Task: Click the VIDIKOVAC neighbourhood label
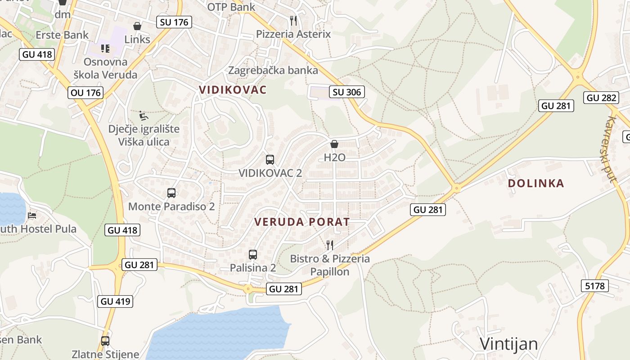233,90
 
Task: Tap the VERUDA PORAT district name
302,222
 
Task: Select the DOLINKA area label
535,183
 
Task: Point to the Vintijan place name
508,344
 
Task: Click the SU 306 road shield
346,92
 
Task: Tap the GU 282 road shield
601,98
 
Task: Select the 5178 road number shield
594,285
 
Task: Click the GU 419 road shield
116,301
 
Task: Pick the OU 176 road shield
85,93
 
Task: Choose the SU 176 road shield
174,22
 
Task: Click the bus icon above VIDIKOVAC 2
270,159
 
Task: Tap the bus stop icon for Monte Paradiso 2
171,193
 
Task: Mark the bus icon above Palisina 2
253,254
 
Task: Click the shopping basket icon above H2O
334,144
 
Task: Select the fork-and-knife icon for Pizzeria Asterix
293,20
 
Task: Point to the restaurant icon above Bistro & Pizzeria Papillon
330,245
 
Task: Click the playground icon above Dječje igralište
144,116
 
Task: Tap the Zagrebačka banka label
273,70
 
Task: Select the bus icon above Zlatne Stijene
105,341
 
